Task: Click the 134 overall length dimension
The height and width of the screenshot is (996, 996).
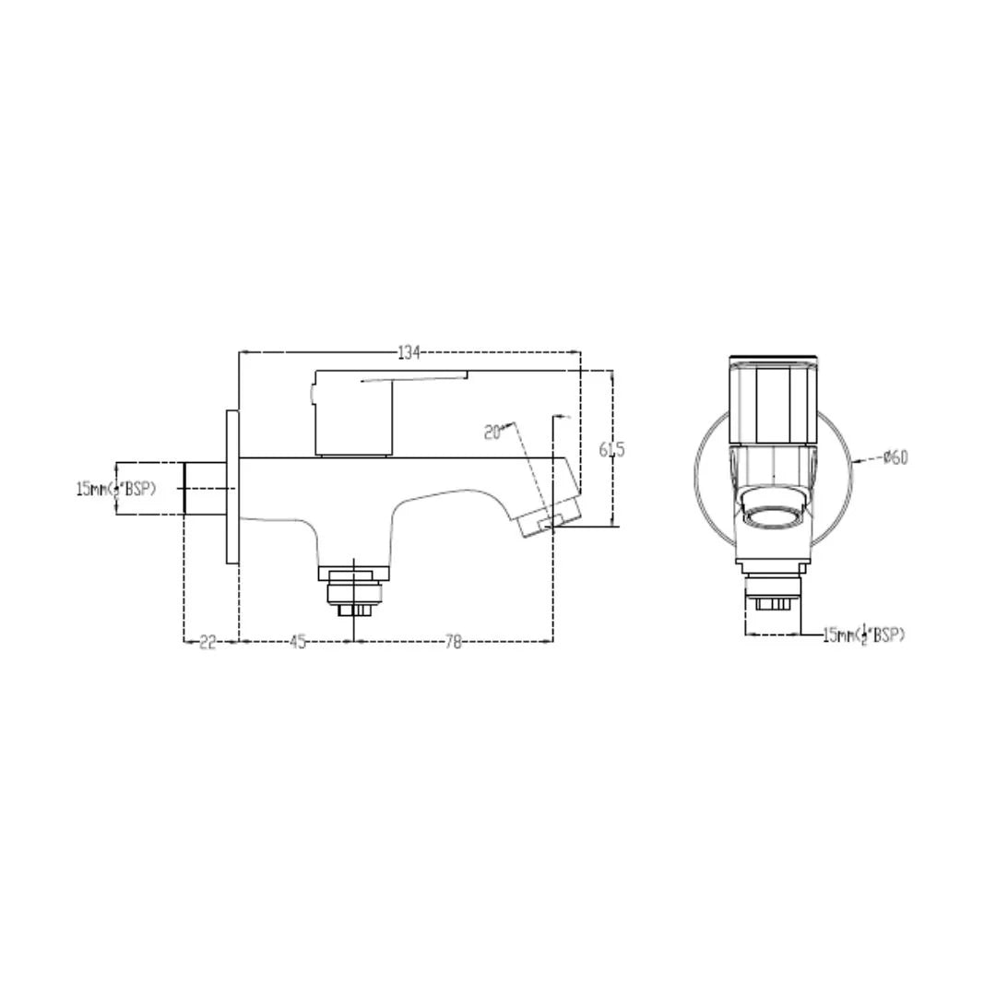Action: coord(409,352)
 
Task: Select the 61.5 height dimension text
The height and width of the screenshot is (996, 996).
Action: coord(611,449)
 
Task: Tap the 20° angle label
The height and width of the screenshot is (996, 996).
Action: coord(492,432)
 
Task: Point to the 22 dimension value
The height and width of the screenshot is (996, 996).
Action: coord(207,643)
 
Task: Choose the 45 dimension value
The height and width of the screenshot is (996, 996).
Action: coord(297,643)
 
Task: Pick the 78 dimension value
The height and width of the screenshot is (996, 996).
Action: coord(453,643)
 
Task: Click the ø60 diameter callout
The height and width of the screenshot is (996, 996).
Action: coord(895,456)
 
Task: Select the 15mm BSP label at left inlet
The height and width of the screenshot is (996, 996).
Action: coord(116,488)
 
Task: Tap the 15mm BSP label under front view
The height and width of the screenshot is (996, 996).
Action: coord(863,634)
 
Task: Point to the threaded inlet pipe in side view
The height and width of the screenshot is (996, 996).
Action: coord(205,488)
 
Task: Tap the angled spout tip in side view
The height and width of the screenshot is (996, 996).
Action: coord(550,520)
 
